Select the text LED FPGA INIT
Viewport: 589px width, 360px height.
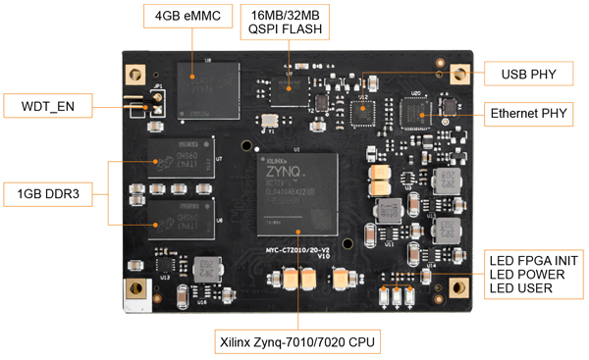tap(535, 259)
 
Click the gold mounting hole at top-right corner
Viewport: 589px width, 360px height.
tap(457, 75)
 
